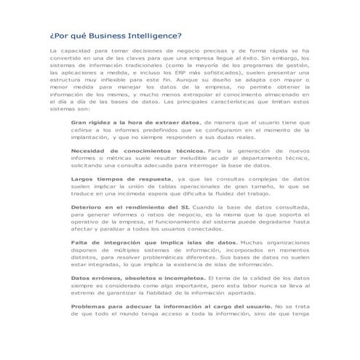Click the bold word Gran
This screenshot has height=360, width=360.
(79, 124)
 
